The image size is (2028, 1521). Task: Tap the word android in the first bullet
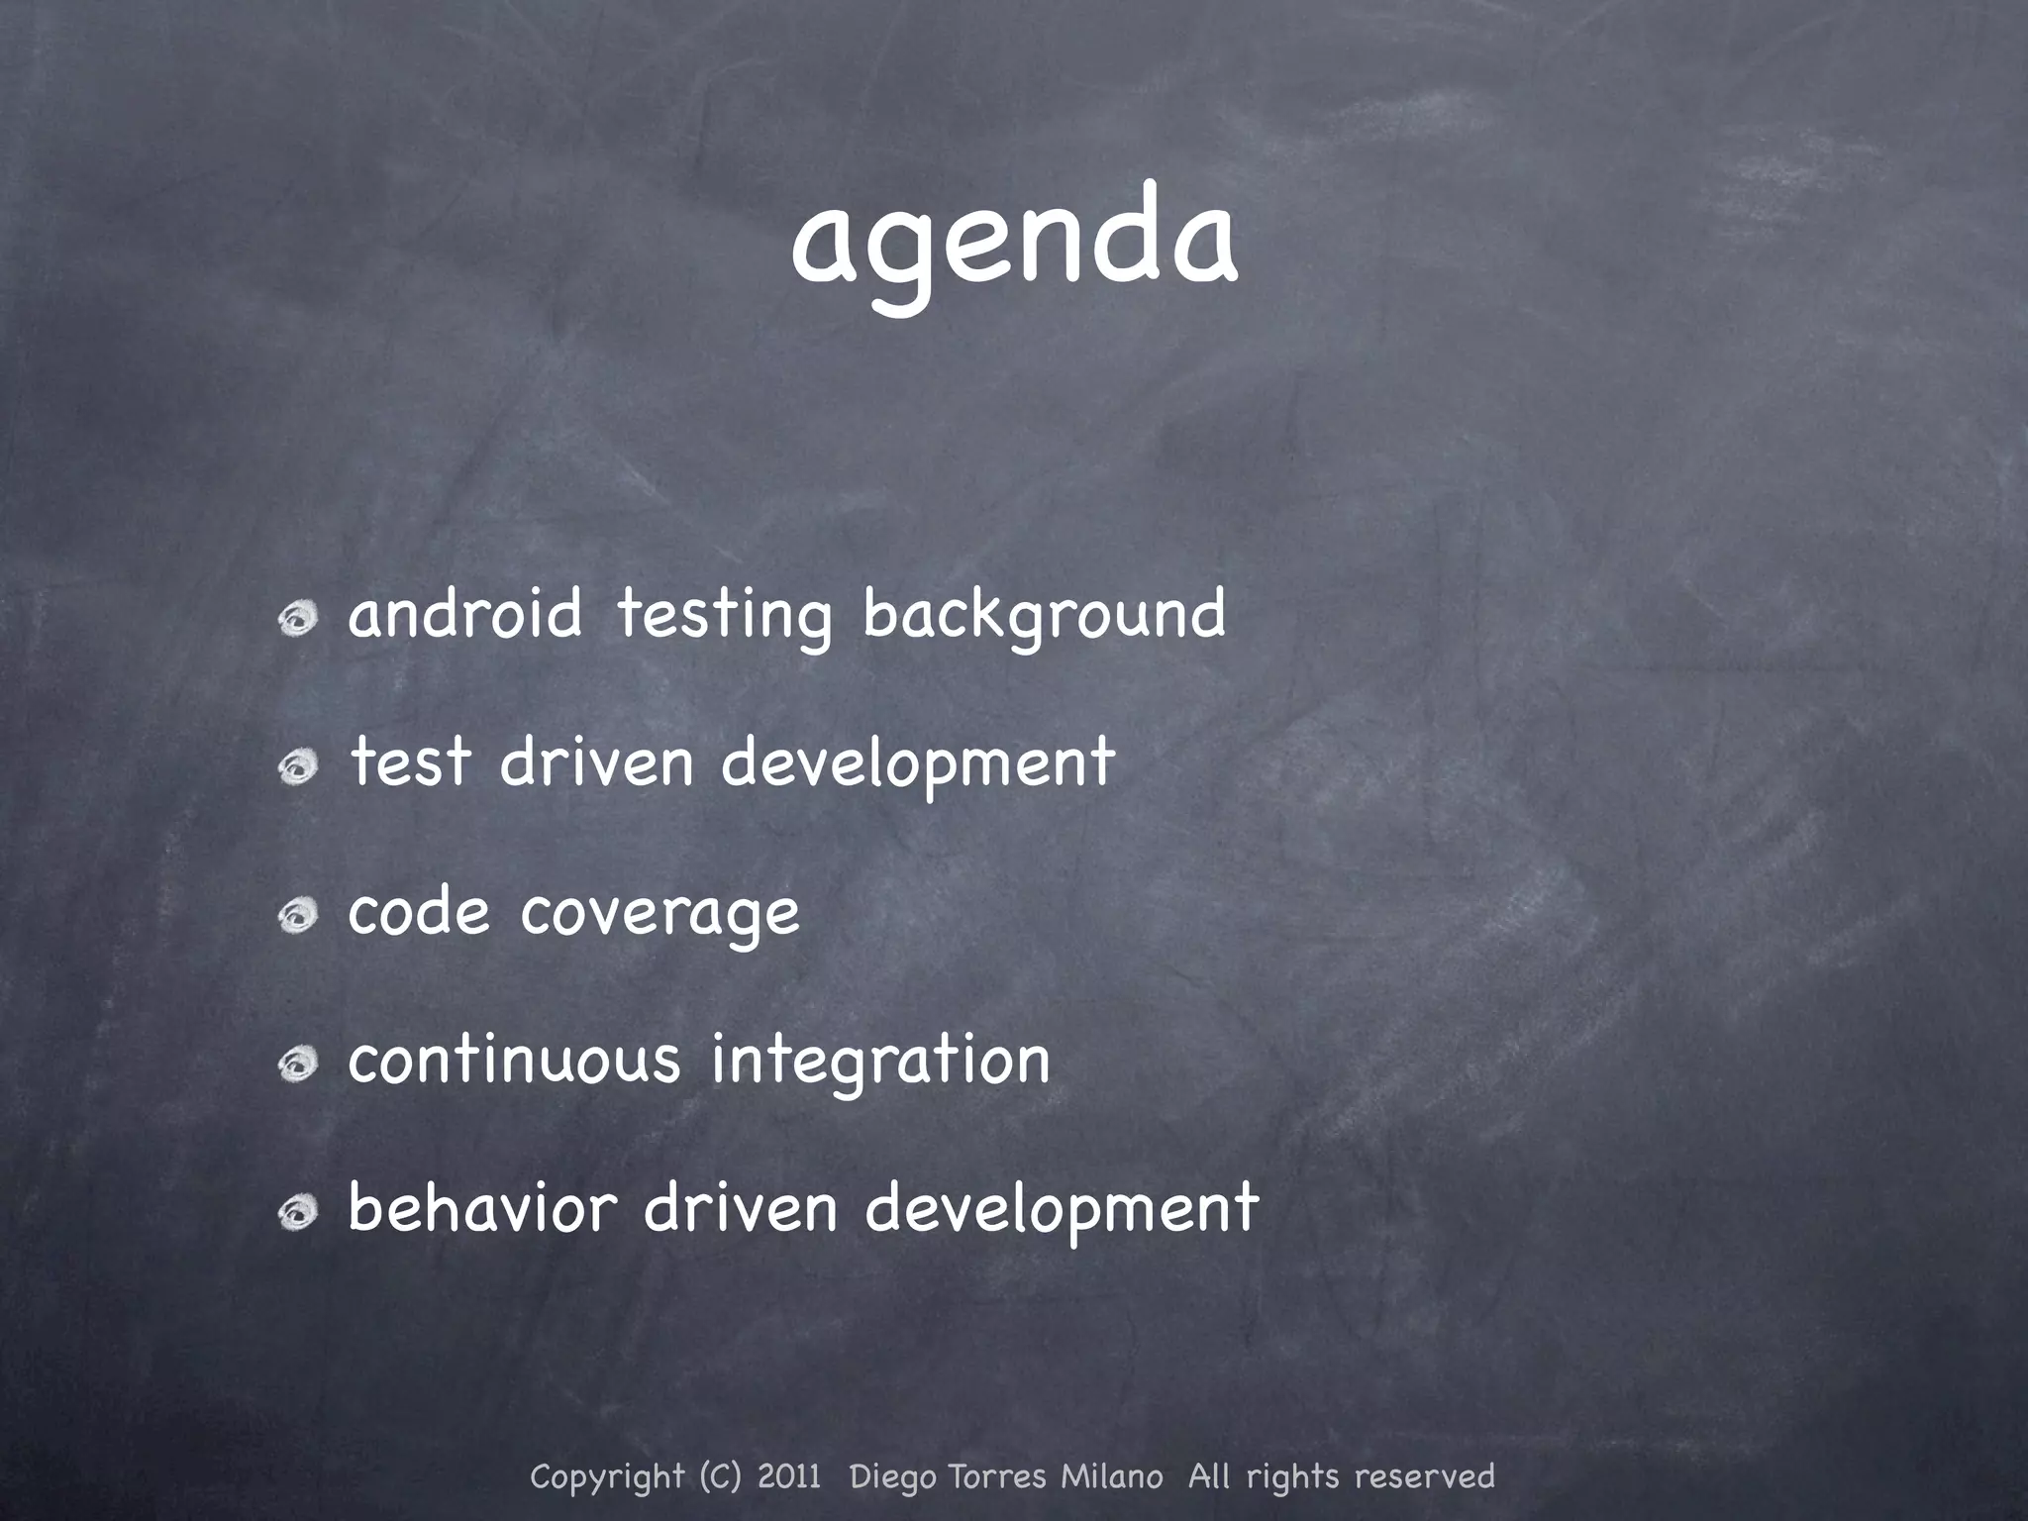(x=464, y=614)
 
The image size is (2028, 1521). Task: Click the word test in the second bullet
(x=410, y=762)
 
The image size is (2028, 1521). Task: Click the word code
(x=419, y=911)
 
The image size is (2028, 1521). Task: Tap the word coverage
(x=659, y=913)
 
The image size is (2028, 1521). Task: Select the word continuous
(x=514, y=1060)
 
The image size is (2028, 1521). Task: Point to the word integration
(x=880, y=1062)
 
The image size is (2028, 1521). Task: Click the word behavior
(x=482, y=1208)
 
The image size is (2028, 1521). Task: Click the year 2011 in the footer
(x=789, y=1476)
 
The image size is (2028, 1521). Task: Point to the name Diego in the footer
(x=894, y=1477)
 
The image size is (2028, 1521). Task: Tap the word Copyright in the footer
(x=607, y=1477)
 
